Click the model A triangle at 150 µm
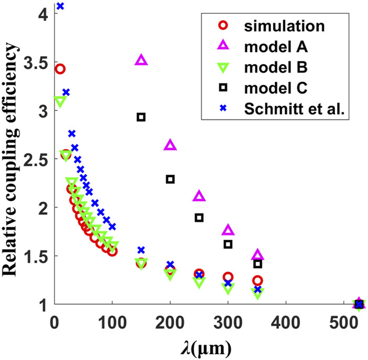141,59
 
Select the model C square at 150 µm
141,117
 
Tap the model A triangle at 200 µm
170,145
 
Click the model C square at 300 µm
228,244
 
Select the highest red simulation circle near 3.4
60,69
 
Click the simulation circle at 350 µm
257,281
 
